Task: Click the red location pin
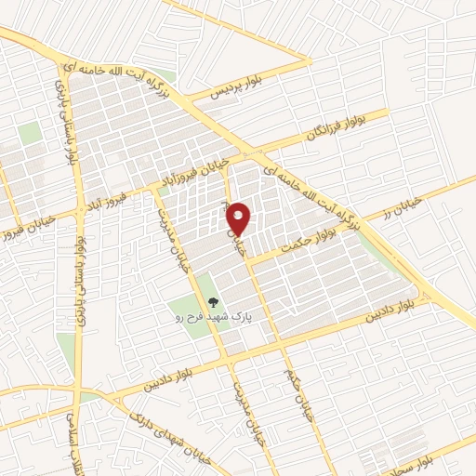click(x=240, y=218)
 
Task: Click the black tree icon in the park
click(x=214, y=302)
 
